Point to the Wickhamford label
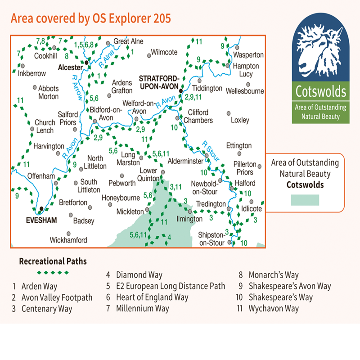pos(68,241)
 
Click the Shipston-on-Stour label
pos(211,239)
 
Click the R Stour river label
pos(210,151)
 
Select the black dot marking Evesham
pos(41,209)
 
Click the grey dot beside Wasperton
pos(238,47)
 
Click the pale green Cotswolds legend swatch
pos(305,200)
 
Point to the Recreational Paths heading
pos(53,261)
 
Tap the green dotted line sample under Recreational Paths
pos(53,273)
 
